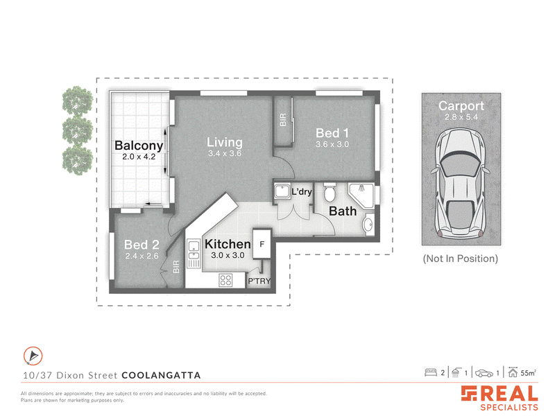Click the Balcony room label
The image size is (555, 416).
tap(139, 146)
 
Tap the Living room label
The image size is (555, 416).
tap(224, 142)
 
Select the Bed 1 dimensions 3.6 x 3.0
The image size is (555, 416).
tap(332, 144)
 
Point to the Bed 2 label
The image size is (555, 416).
tap(142, 245)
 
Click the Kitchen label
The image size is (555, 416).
tap(228, 244)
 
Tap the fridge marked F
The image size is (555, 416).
tap(262, 244)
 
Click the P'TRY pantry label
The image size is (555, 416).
tap(259, 281)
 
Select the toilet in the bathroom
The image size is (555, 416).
tap(330, 192)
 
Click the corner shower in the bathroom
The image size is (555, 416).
tap(361, 196)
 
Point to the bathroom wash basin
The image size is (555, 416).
tap(368, 224)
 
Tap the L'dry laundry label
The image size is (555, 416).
tap(302, 192)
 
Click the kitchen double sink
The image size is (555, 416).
tap(194, 250)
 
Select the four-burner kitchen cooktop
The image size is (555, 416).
tap(225, 281)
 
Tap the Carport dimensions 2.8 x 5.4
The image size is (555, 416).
tap(461, 117)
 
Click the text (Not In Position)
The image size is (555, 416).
tap(461, 259)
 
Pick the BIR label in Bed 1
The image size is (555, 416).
tap(283, 120)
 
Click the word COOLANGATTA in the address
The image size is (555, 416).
tap(161, 375)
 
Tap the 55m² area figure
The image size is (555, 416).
tap(528, 373)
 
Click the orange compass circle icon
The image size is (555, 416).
tap(33, 356)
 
